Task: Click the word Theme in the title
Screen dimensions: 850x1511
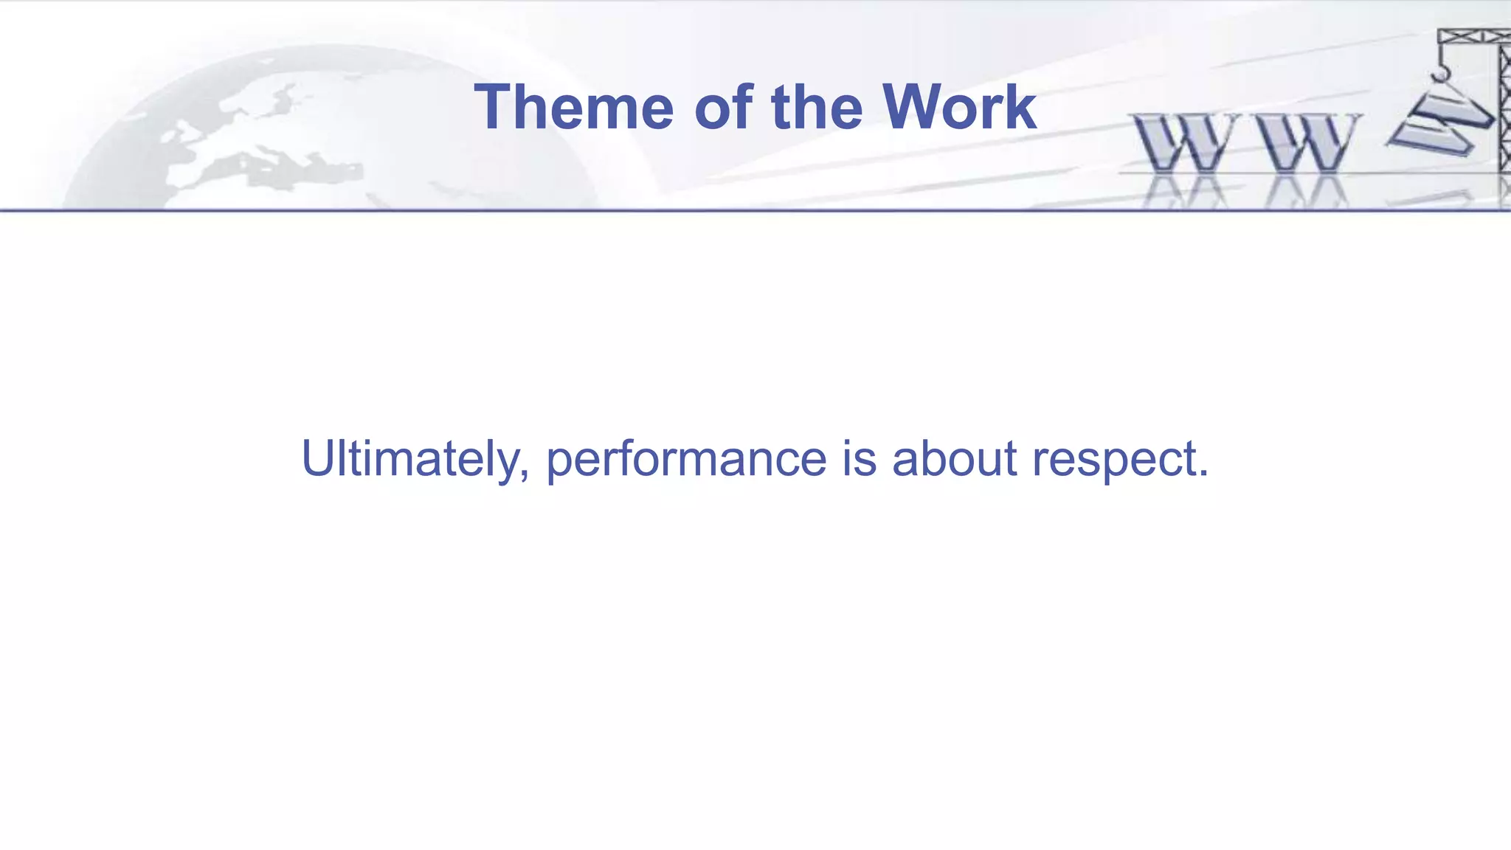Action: [573, 108]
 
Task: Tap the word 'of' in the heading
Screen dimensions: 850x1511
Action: [724, 108]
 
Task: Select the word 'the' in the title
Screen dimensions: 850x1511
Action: [817, 108]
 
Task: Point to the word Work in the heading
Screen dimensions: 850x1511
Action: [959, 108]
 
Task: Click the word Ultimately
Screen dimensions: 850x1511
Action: [410, 459]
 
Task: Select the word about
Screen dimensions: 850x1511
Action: [955, 459]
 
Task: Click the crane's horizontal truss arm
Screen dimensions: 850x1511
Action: [1472, 36]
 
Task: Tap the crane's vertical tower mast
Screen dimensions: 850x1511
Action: [1504, 111]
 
